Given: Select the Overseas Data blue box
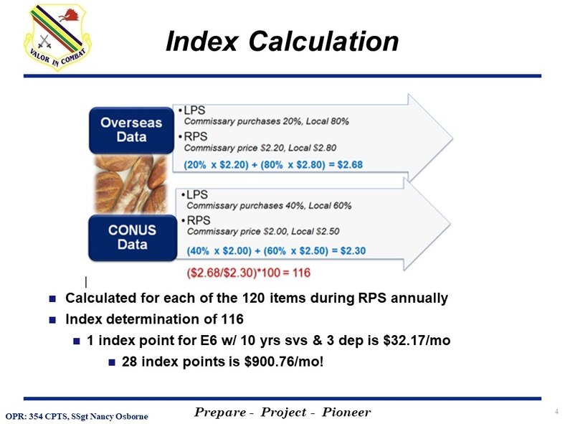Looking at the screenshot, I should [x=131, y=129].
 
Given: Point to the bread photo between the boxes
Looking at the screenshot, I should [x=131, y=184].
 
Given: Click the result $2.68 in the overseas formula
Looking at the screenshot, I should [x=348, y=164].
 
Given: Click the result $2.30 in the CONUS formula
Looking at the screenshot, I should [x=351, y=251].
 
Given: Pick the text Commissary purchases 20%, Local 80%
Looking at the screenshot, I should [x=267, y=121].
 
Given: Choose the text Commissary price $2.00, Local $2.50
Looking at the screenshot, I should [x=263, y=232].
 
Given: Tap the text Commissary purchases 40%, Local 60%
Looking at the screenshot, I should [x=269, y=206].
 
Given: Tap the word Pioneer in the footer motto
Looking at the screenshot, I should [x=346, y=412].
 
